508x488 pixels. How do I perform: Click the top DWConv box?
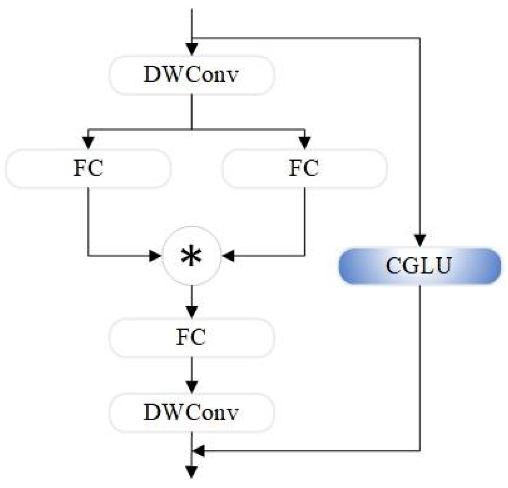point(192,75)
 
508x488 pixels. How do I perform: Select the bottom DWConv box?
point(192,413)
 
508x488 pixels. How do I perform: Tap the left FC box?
point(88,169)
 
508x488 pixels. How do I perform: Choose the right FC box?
point(304,169)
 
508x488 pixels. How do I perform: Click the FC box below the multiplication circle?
point(192,338)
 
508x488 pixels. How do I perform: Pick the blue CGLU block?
point(419,266)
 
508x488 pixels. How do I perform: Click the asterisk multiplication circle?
point(192,256)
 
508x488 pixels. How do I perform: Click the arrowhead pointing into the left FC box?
point(88,143)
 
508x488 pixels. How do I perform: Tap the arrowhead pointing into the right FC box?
point(304,143)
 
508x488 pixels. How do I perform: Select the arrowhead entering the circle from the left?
point(155,256)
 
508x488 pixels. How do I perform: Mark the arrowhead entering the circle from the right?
point(229,256)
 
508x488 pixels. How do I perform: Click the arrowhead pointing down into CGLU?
point(419,241)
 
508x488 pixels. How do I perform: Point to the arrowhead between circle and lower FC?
point(192,311)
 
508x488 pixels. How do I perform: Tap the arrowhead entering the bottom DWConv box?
point(192,387)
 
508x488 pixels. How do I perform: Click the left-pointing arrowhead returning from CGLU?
point(199,451)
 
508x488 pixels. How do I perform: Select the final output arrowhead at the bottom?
point(192,472)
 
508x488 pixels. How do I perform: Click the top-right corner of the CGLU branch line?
point(419,38)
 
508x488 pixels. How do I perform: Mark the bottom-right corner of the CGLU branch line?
point(419,451)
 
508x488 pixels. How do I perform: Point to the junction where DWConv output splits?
point(192,129)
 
